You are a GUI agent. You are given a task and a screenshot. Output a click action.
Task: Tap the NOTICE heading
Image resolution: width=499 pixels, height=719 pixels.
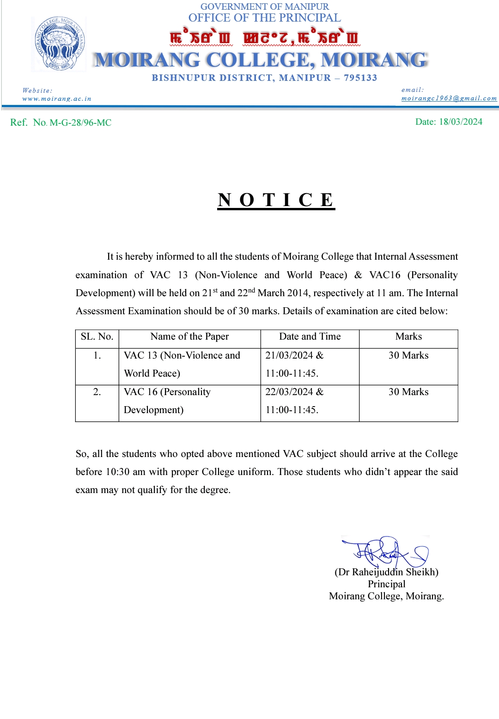[276, 200]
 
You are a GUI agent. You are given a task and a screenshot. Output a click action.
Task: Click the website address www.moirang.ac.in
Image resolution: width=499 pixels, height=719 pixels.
[57, 98]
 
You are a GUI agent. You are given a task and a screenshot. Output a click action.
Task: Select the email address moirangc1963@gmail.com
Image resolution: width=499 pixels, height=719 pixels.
[449, 98]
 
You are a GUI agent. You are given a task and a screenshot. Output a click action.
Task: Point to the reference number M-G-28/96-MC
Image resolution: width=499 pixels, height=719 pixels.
[80, 122]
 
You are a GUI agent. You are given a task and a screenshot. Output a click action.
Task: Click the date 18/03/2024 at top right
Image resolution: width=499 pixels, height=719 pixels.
[460, 122]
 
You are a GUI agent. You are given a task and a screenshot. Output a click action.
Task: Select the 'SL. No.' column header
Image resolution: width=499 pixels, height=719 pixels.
[97, 336]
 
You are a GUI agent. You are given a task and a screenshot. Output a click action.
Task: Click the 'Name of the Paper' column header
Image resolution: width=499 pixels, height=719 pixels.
[189, 336]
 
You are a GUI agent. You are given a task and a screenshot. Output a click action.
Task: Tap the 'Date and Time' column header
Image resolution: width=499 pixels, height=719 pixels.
[310, 336]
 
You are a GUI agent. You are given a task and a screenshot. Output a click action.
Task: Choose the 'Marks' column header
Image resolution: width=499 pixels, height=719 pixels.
[408, 336]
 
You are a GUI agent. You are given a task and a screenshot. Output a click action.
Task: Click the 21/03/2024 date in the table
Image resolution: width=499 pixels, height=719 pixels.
[289, 355]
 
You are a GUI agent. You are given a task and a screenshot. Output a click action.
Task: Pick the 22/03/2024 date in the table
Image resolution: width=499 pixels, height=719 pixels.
[289, 391]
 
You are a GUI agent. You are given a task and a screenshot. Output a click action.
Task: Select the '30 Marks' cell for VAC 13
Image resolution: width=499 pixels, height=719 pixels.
[408, 355]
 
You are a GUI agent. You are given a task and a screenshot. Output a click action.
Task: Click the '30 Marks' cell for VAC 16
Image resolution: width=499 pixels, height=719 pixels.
[408, 391]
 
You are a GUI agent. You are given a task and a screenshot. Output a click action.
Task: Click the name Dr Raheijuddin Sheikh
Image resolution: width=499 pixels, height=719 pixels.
[386, 572]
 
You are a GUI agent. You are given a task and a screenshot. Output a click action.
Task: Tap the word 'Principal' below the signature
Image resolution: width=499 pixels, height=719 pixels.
[386, 584]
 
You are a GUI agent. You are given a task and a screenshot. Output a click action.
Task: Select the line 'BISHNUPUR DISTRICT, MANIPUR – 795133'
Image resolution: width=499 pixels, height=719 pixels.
[264, 78]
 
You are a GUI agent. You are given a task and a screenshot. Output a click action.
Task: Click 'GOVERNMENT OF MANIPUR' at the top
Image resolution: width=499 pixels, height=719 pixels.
[264, 6]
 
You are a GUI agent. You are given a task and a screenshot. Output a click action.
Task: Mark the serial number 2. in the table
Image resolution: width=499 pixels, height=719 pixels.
[97, 391]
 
